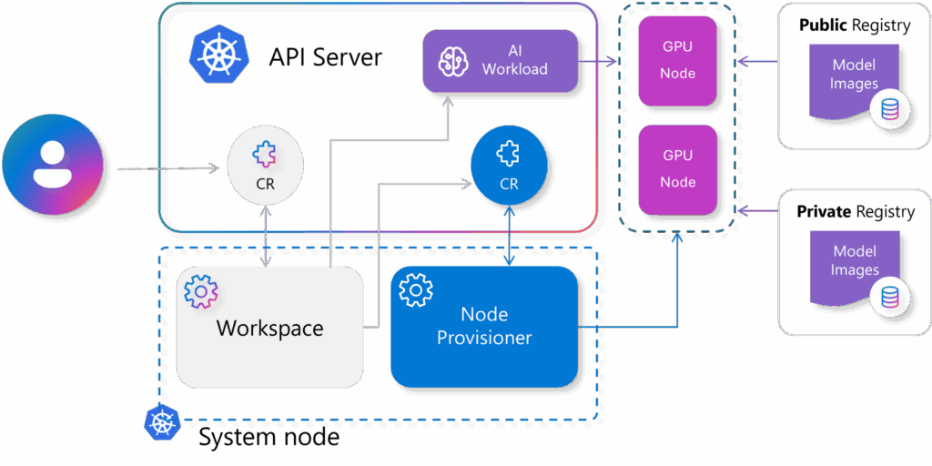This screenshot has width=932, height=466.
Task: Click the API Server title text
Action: (325, 57)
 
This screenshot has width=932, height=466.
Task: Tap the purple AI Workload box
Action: (501, 60)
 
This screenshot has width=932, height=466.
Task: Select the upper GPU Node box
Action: (678, 60)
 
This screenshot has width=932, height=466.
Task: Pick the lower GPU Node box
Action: (678, 169)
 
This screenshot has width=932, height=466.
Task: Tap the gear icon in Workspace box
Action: (200, 291)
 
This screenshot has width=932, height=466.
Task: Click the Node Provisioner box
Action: (484, 326)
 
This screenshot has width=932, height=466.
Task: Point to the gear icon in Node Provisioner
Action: (416, 289)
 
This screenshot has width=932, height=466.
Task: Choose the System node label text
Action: (268, 438)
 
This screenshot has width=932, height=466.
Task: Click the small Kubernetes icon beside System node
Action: (162, 421)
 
